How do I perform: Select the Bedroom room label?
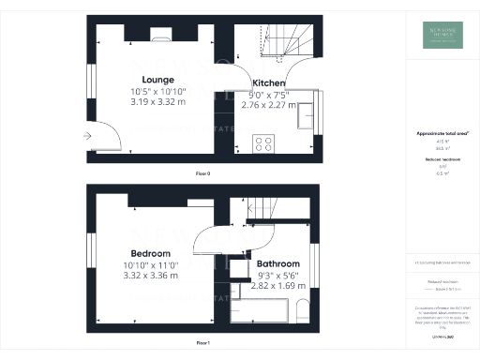150,254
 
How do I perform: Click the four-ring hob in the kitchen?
263,143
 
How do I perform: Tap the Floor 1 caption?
203,344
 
